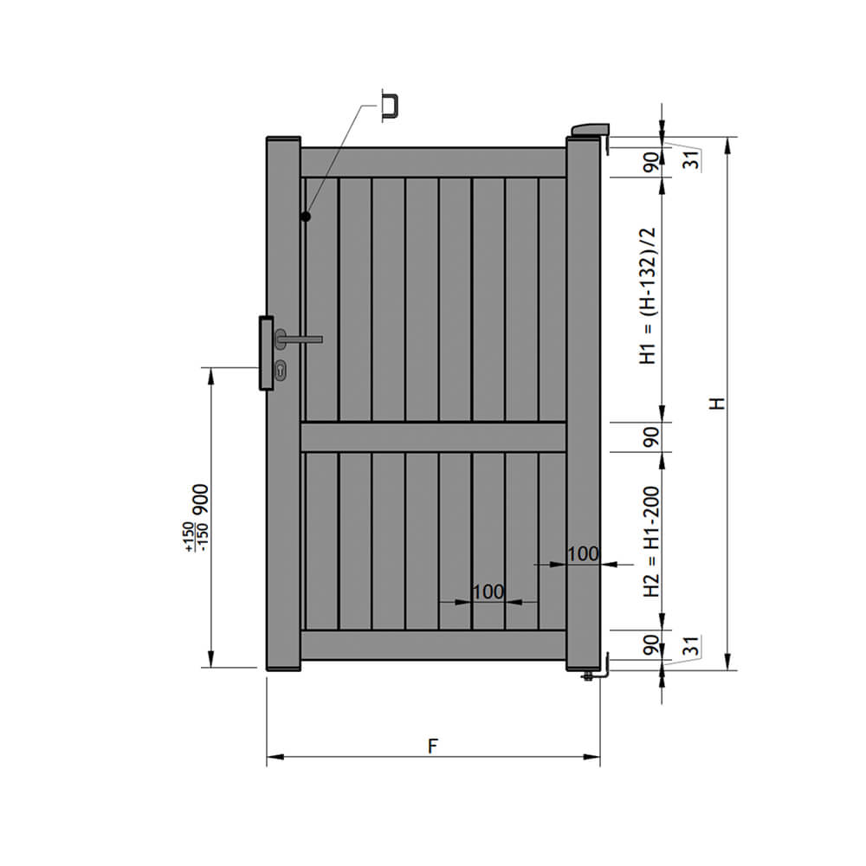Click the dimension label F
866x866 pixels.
tap(432, 746)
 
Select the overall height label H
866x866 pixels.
tap(715, 404)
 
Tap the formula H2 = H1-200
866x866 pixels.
tap(650, 542)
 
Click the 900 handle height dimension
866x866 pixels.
tap(201, 500)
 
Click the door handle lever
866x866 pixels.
tap(303, 339)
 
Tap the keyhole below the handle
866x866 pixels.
tap(283, 371)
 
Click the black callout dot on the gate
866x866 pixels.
tap(306, 216)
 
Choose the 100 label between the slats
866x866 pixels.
tap(488, 591)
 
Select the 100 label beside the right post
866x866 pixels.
tap(583, 553)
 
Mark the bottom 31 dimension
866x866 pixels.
tap(690, 645)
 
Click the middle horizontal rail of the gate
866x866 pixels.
tap(433, 436)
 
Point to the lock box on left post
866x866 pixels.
tap(264, 354)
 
